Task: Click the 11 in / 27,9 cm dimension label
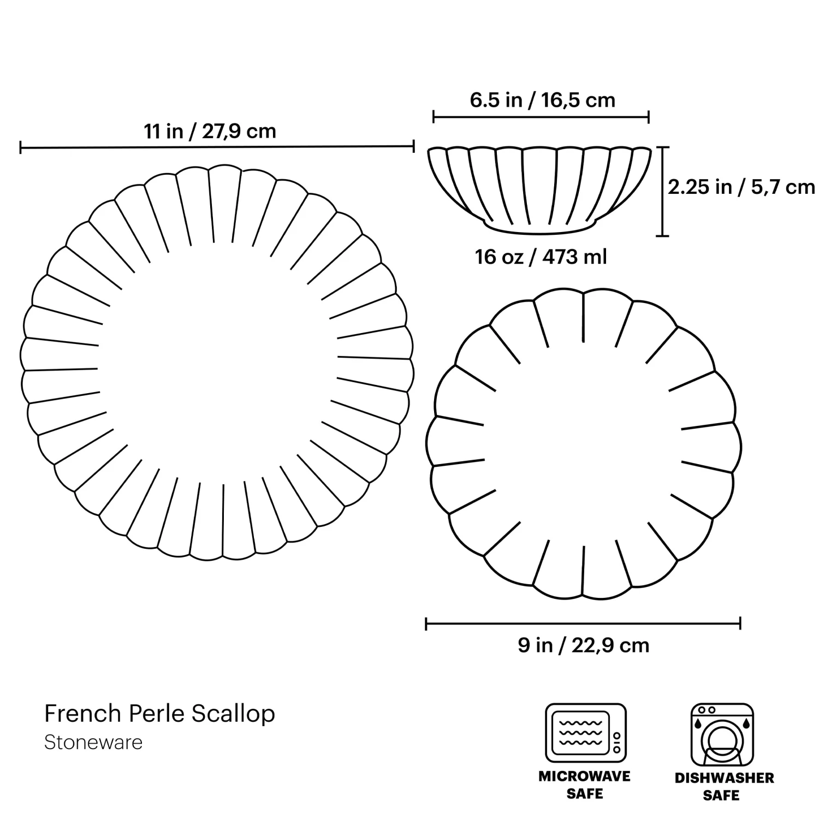point(210,132)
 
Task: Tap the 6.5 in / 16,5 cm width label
point(542,100)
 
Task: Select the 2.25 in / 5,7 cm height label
point(741,187)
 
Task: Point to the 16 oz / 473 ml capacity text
point(541,257)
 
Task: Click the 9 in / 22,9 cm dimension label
point(583,645)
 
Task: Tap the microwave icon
point(585,733)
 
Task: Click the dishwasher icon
point(722,734)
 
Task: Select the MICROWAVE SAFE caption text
point(584,785)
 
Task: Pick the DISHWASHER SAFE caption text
point(724,786)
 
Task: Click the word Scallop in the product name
point(233,714)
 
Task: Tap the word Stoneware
point(93,743)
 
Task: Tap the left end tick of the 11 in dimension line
point(21,147)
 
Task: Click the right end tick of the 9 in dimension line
point(740,623)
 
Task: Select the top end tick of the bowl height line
point(662,147)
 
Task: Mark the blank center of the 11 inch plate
point(217,360)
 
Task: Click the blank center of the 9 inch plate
point(583,442)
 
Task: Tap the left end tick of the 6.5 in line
point(434,117)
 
